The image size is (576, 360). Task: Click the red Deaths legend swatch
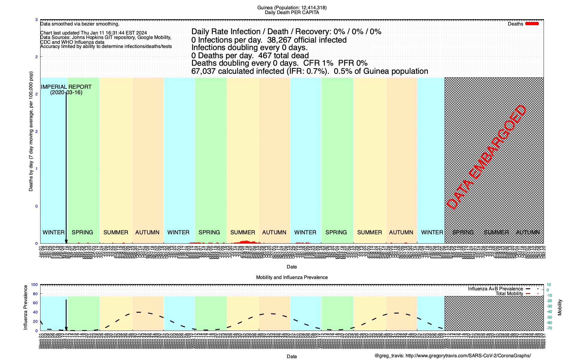point(532,24)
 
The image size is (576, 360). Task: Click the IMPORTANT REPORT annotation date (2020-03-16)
point(66,92)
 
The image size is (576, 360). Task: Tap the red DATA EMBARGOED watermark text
point(486,157)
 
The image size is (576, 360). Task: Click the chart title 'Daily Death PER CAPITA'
point(292,13)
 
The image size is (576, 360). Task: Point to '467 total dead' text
point(283,55)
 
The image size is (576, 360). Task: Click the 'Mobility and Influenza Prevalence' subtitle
point(292,277)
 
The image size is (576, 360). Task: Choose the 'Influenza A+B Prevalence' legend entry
point(495,289)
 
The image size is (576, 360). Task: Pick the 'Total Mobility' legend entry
point(509,294)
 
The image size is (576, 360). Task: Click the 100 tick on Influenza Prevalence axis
point(34,285)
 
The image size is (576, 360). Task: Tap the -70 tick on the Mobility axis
point(549,328)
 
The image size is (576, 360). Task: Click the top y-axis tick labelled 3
point(37,20)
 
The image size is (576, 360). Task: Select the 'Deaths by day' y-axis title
point(31,131)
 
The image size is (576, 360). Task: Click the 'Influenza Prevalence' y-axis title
point(25,307)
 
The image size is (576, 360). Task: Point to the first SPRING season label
point(82,232)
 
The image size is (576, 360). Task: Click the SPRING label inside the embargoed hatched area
point(463,232)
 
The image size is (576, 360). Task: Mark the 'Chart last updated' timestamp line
point(94,33)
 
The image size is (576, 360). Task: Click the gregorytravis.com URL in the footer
point(468,356)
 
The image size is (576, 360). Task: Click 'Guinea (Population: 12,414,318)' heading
point(292,8)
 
